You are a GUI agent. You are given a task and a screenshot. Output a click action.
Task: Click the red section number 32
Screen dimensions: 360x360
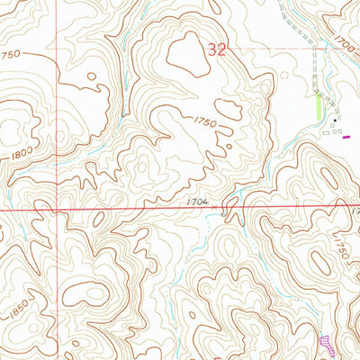click(217, 52)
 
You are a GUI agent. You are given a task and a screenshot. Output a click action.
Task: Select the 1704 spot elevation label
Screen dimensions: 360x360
click(199, 202)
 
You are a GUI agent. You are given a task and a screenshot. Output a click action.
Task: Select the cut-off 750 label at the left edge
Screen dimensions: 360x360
click(11, 55)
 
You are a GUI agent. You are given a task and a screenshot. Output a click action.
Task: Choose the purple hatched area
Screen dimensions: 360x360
click(325, 343)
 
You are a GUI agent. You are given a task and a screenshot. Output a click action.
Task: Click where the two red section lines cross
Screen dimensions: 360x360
click(61, 211)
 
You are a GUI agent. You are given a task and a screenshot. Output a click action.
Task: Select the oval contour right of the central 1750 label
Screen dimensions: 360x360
click(228, 109)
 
